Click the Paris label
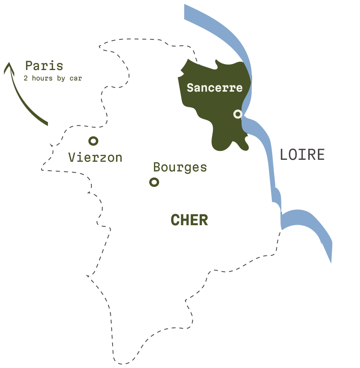[x=44, y=66]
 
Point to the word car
[x=76, y=78]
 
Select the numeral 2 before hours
[x=26, y=78]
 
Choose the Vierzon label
[x=95, y=157]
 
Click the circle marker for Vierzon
[x=93, y=141]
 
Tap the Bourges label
[x=180, y=167]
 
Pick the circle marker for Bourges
[x=154, y=182]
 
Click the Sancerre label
[x=214, y=88]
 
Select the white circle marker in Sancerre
[x=238, y=114]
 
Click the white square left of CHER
[x=152, y=223]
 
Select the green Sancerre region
[x=217, y=120]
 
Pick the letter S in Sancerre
[x=190, y=88]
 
